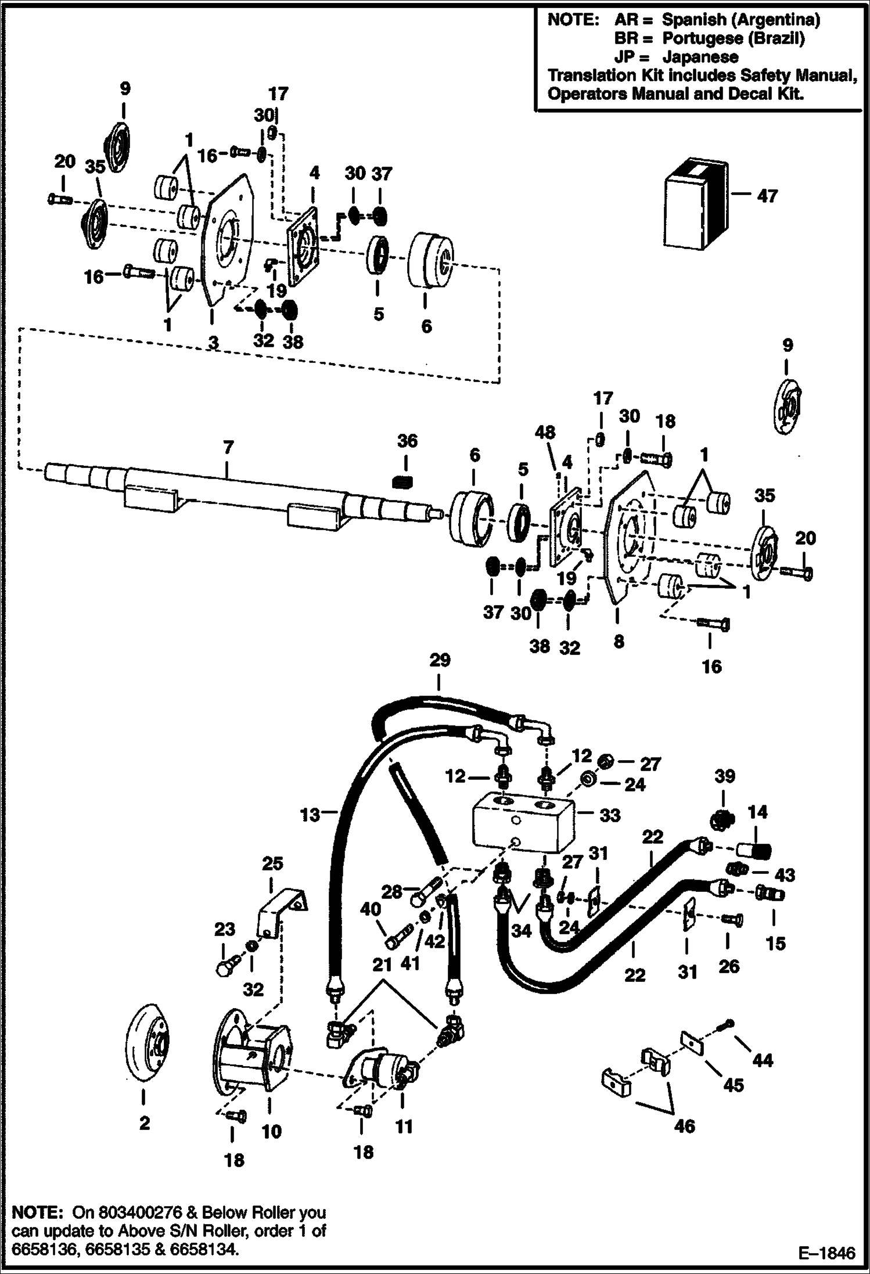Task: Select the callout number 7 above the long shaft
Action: coord(228,447)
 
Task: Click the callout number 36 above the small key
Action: coord(407,441)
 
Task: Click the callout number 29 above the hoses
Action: coord(440,660)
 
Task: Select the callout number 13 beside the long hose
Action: coord(310,815)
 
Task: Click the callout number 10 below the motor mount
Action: coord(271,1131)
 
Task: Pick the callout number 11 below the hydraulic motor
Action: coord(403,1127)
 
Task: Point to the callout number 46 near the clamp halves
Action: coord(684,1127)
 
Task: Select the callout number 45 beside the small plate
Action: coord(734,1085)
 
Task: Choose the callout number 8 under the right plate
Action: coord(619,641)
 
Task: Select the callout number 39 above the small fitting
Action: coord(724,776)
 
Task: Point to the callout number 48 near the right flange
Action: coord(545,432)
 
